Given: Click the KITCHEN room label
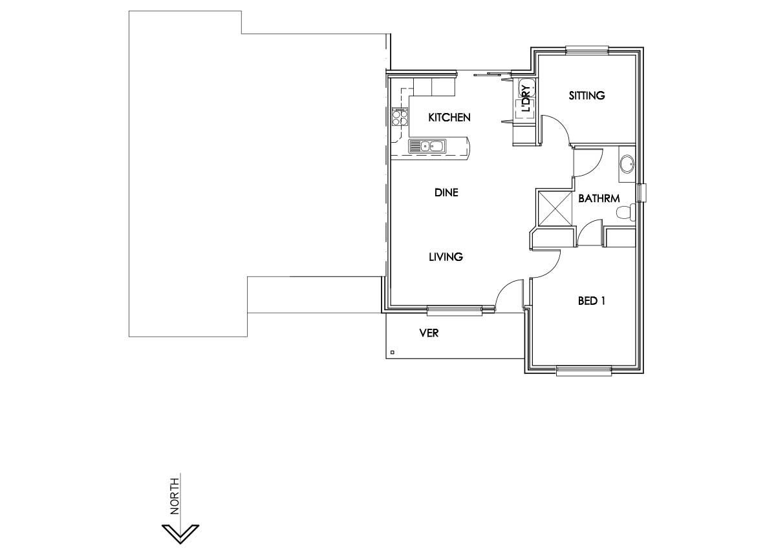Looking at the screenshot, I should (x=449, y=118).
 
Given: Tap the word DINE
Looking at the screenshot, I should (x=446, y=192).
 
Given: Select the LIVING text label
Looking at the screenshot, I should (x=446, y=257).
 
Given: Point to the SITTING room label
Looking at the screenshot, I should (x=587, y=96).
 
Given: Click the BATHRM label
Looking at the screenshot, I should (x=599, y=199).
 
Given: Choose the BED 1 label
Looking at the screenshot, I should (x=591, y=301).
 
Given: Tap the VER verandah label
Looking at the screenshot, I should (x=429, y=333).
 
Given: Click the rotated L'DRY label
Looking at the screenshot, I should (x=526, y=100).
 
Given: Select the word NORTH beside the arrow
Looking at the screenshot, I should (x=175, y=494).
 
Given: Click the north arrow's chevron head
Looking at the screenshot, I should (x=180, y=533).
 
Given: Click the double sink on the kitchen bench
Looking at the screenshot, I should (x=426, y=147).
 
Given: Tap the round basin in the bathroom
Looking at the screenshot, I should (x=627, y=164).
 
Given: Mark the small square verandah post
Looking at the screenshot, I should (x=393, y=353).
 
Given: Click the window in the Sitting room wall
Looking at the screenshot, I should (x=587, y=50).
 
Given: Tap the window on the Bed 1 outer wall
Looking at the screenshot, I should (x=584, y=371).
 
